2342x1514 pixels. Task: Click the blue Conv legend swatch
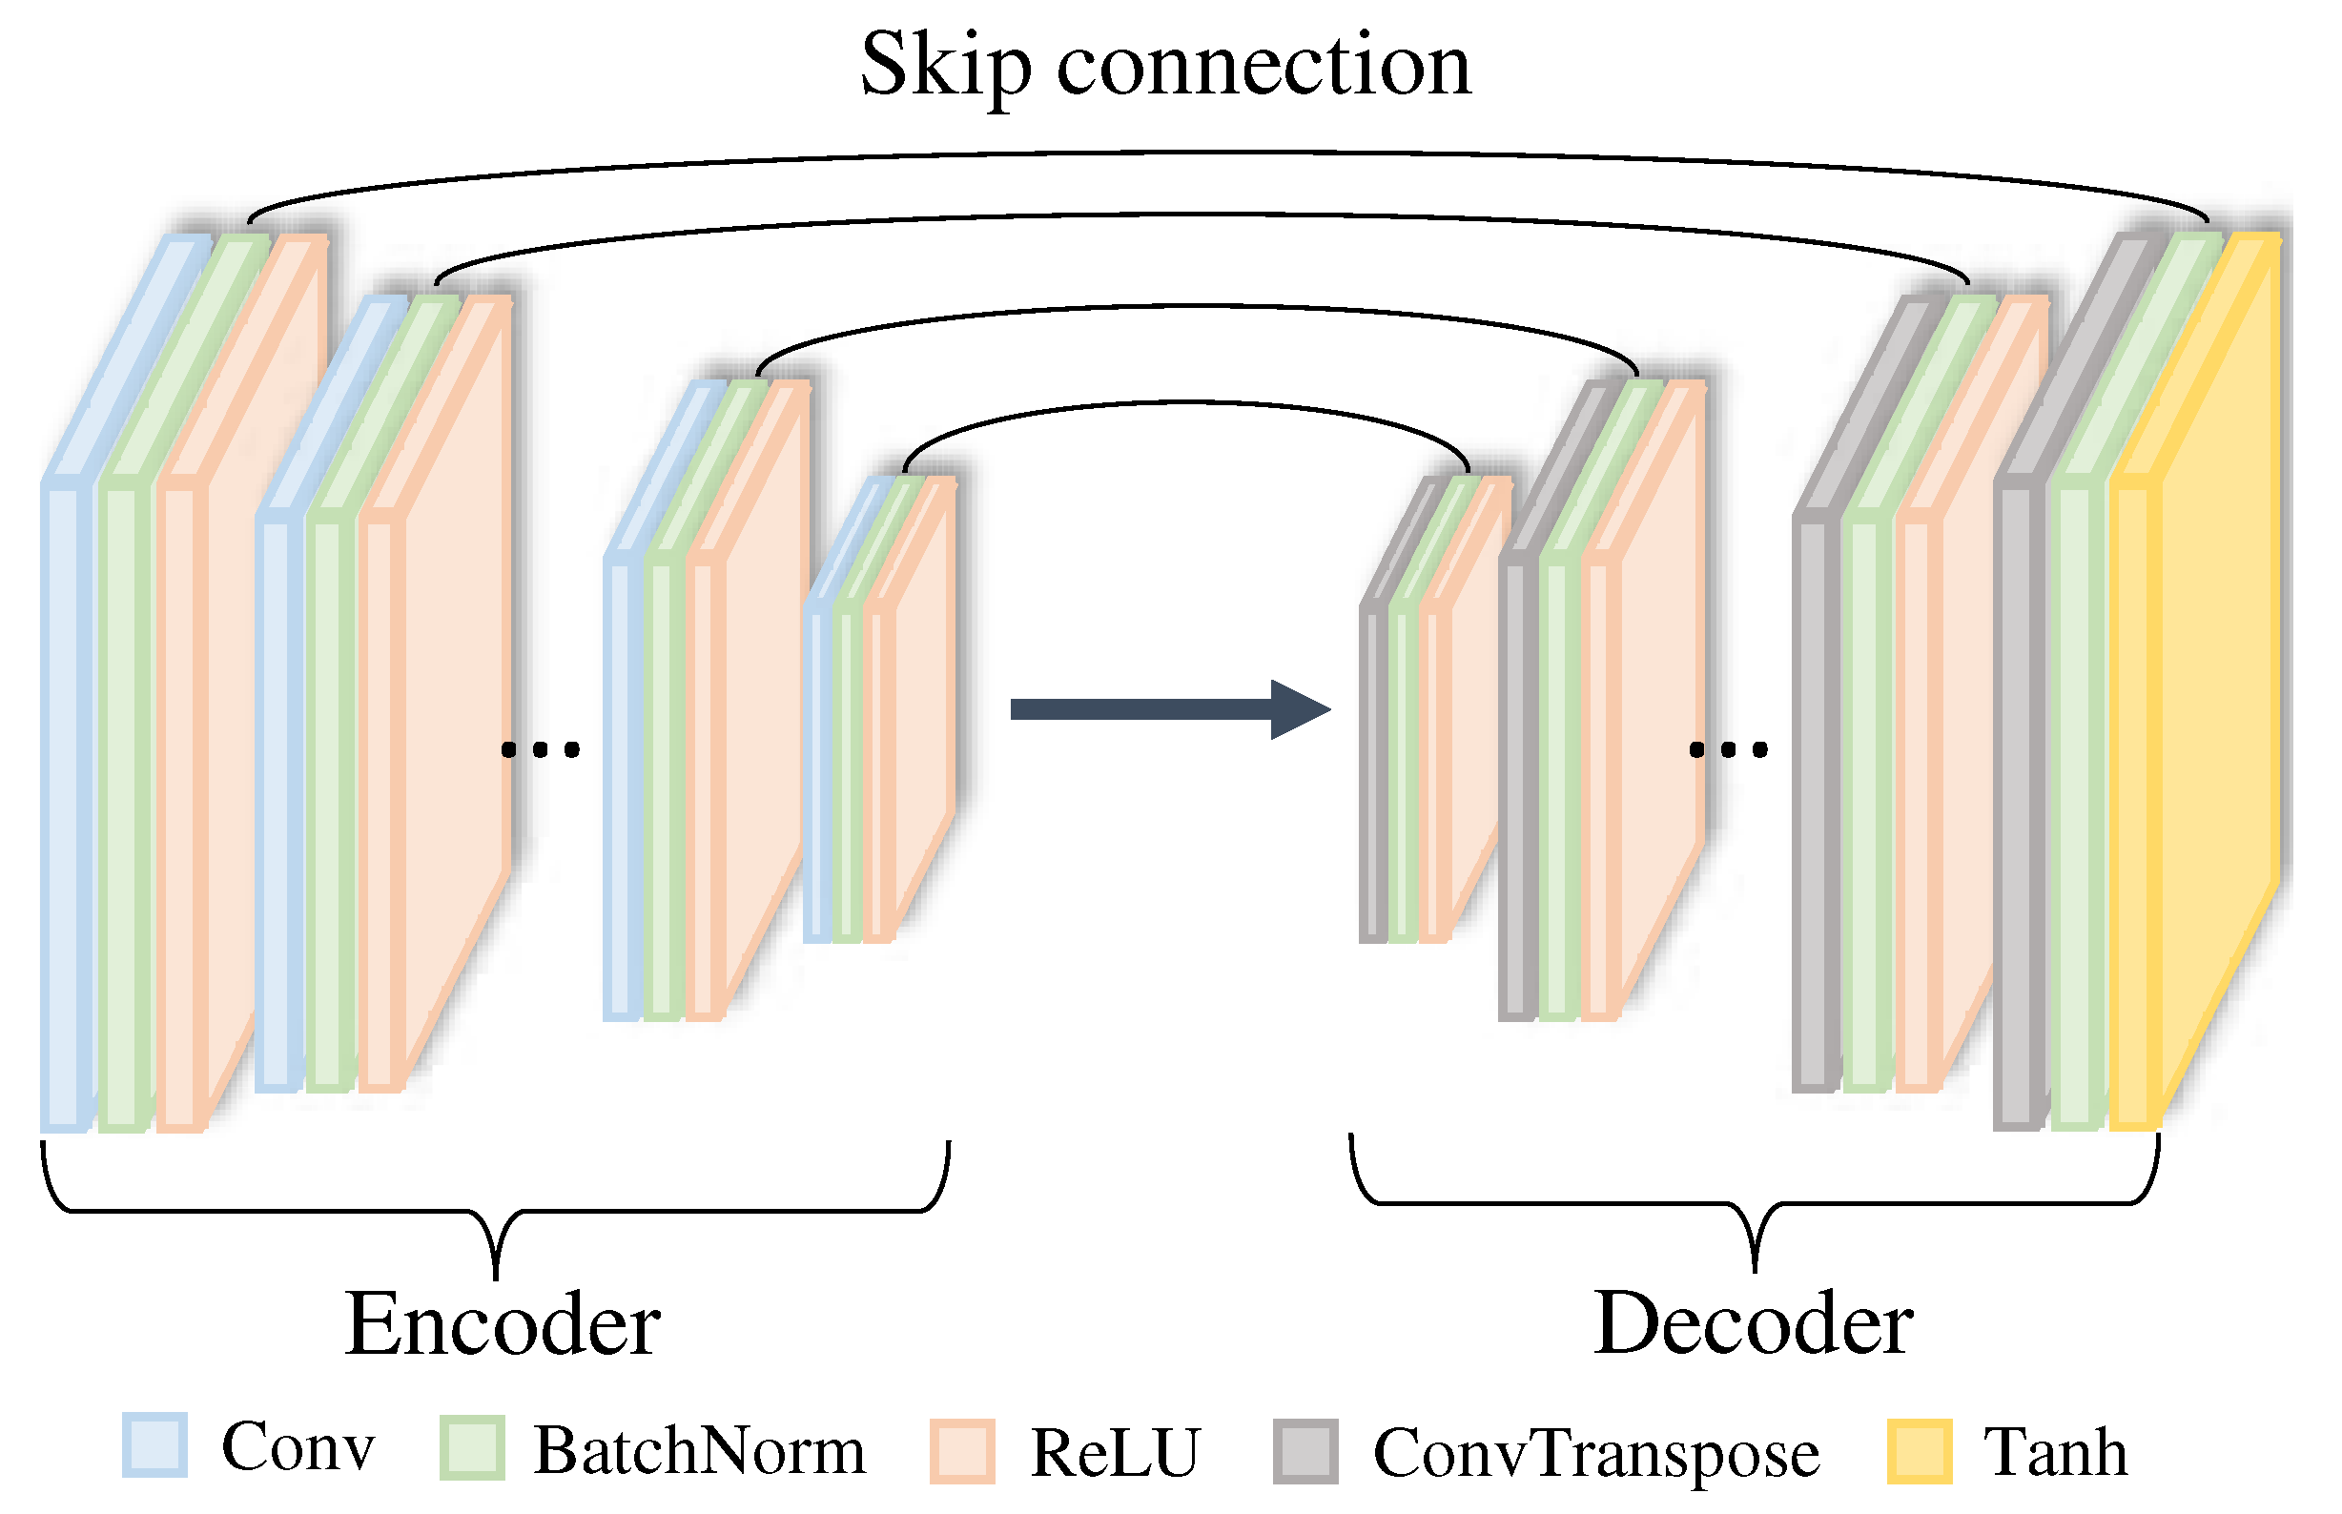click(x=154, y=1444)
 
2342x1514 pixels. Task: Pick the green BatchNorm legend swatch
click(x=472, y=1447)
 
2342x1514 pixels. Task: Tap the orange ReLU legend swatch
click(x=961, y=1450)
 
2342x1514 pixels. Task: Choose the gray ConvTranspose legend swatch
click(x=1305, y=1450)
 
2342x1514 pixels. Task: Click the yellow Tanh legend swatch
click(x=1919, y=1450)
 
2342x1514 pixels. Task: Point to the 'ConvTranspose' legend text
click(x=1594, y=1453)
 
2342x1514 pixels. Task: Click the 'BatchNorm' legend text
click(x=699, y=1450)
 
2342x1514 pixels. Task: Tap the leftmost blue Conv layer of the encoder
click(x=65, y=807)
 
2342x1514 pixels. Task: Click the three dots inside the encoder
click(x=540, y=750)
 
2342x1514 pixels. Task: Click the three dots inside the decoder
click(x=1728, y=750)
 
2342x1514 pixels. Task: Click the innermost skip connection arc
click(x=1184, y=403)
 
